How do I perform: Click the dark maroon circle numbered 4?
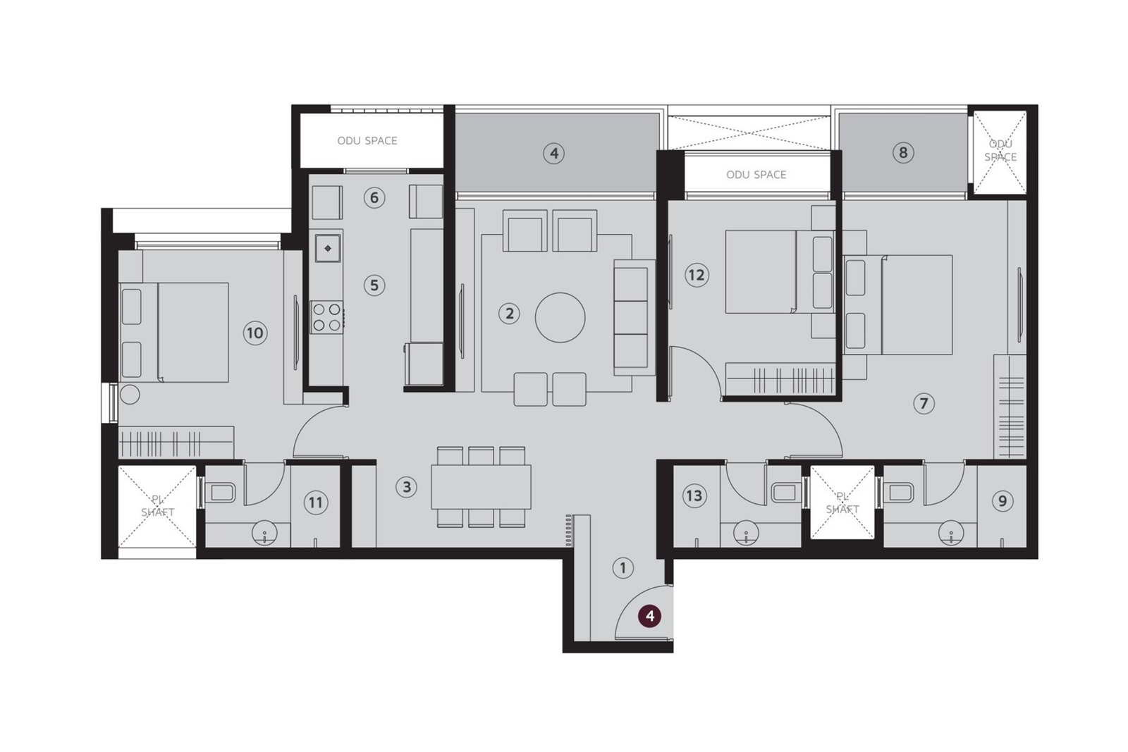pos(649,616)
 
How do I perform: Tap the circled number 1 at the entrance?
pos(623,567)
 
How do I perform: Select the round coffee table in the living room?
pos(560,317)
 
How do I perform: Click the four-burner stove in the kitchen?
pos(326,316)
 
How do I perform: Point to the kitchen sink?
pos(328,248)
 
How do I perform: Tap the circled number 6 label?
pos(374,197)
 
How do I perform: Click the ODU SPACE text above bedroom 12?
pos(756,174)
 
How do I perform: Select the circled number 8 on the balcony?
pos(902,152)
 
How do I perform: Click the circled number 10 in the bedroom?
pos(255,333)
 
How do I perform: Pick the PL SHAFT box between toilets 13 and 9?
pos(842,503)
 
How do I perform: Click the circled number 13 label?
pos(694,495)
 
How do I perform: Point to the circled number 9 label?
pos(1002,501)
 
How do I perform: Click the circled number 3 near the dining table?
pos(406,486)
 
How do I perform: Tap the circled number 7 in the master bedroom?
pos(924,403)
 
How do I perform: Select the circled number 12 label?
pos(696,275)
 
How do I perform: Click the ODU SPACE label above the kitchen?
pos(367,140)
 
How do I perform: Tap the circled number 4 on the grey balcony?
pos(553,153)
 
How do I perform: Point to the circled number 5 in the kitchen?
pos(374,285)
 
